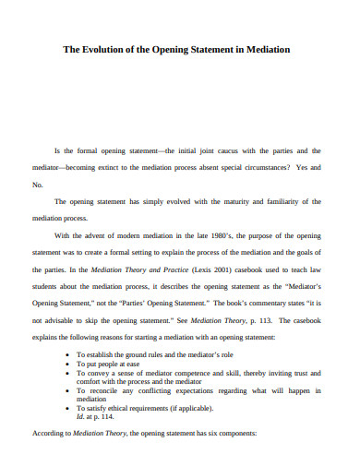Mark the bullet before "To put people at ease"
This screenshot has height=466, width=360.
point(68,364)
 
